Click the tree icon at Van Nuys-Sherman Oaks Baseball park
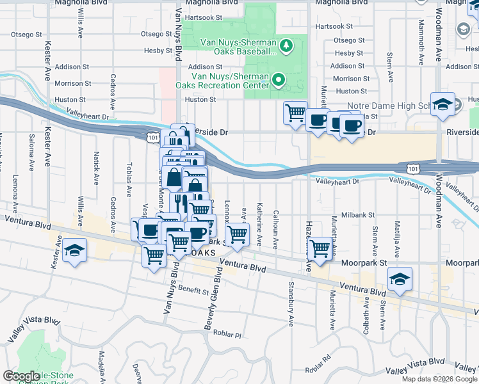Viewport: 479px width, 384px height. (287, 45)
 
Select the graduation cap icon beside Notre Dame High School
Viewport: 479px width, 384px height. (442, 105)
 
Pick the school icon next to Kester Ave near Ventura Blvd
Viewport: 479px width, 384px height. (75, 252)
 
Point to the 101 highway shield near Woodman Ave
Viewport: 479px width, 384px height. (414, 168)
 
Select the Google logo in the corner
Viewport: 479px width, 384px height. (21, 376)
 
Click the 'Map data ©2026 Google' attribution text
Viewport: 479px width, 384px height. (439, 379)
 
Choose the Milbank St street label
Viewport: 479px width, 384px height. (357, 215)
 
